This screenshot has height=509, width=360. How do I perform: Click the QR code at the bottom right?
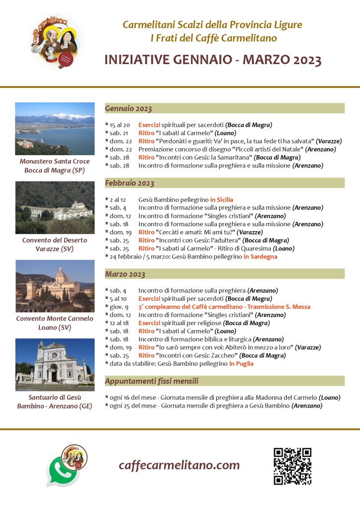pyautogui.click(x=292, y=466)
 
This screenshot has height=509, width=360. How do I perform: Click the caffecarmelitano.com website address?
pyautogui.click(x=179, y=465)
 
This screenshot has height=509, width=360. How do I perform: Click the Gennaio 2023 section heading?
pyautogui.click(x=128, y=108)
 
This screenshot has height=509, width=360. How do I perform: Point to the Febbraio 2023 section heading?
pyautogui.click(x=129, y=183)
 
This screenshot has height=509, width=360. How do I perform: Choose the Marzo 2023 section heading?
pyautogui.click(x=125, y=274)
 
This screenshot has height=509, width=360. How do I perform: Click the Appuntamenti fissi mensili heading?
pyautogui.click(x=152, y=381)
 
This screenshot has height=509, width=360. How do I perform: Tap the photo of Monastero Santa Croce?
pyautogui.click(x=55, y=128)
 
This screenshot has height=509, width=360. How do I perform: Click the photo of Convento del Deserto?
pyautogui.click(x=55, y=207)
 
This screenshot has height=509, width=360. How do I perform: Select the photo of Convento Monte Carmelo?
pyautogui.click(x=55, y=286)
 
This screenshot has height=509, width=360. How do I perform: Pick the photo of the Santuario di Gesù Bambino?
pyautogui.click(x=55, y=364)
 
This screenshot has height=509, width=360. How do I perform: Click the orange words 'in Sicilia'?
pyautogui.click(x=221, y=200)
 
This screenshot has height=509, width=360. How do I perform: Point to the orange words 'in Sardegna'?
pyautogui.click(x=260, y=257)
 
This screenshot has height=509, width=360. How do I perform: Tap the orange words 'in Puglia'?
pyautogui.click(x=241, y=364)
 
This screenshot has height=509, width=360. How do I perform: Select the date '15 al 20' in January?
pyautogui.click(x=120, y=125)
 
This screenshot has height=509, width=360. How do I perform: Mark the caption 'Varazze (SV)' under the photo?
pyautogui.click(x=55, y=249)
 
